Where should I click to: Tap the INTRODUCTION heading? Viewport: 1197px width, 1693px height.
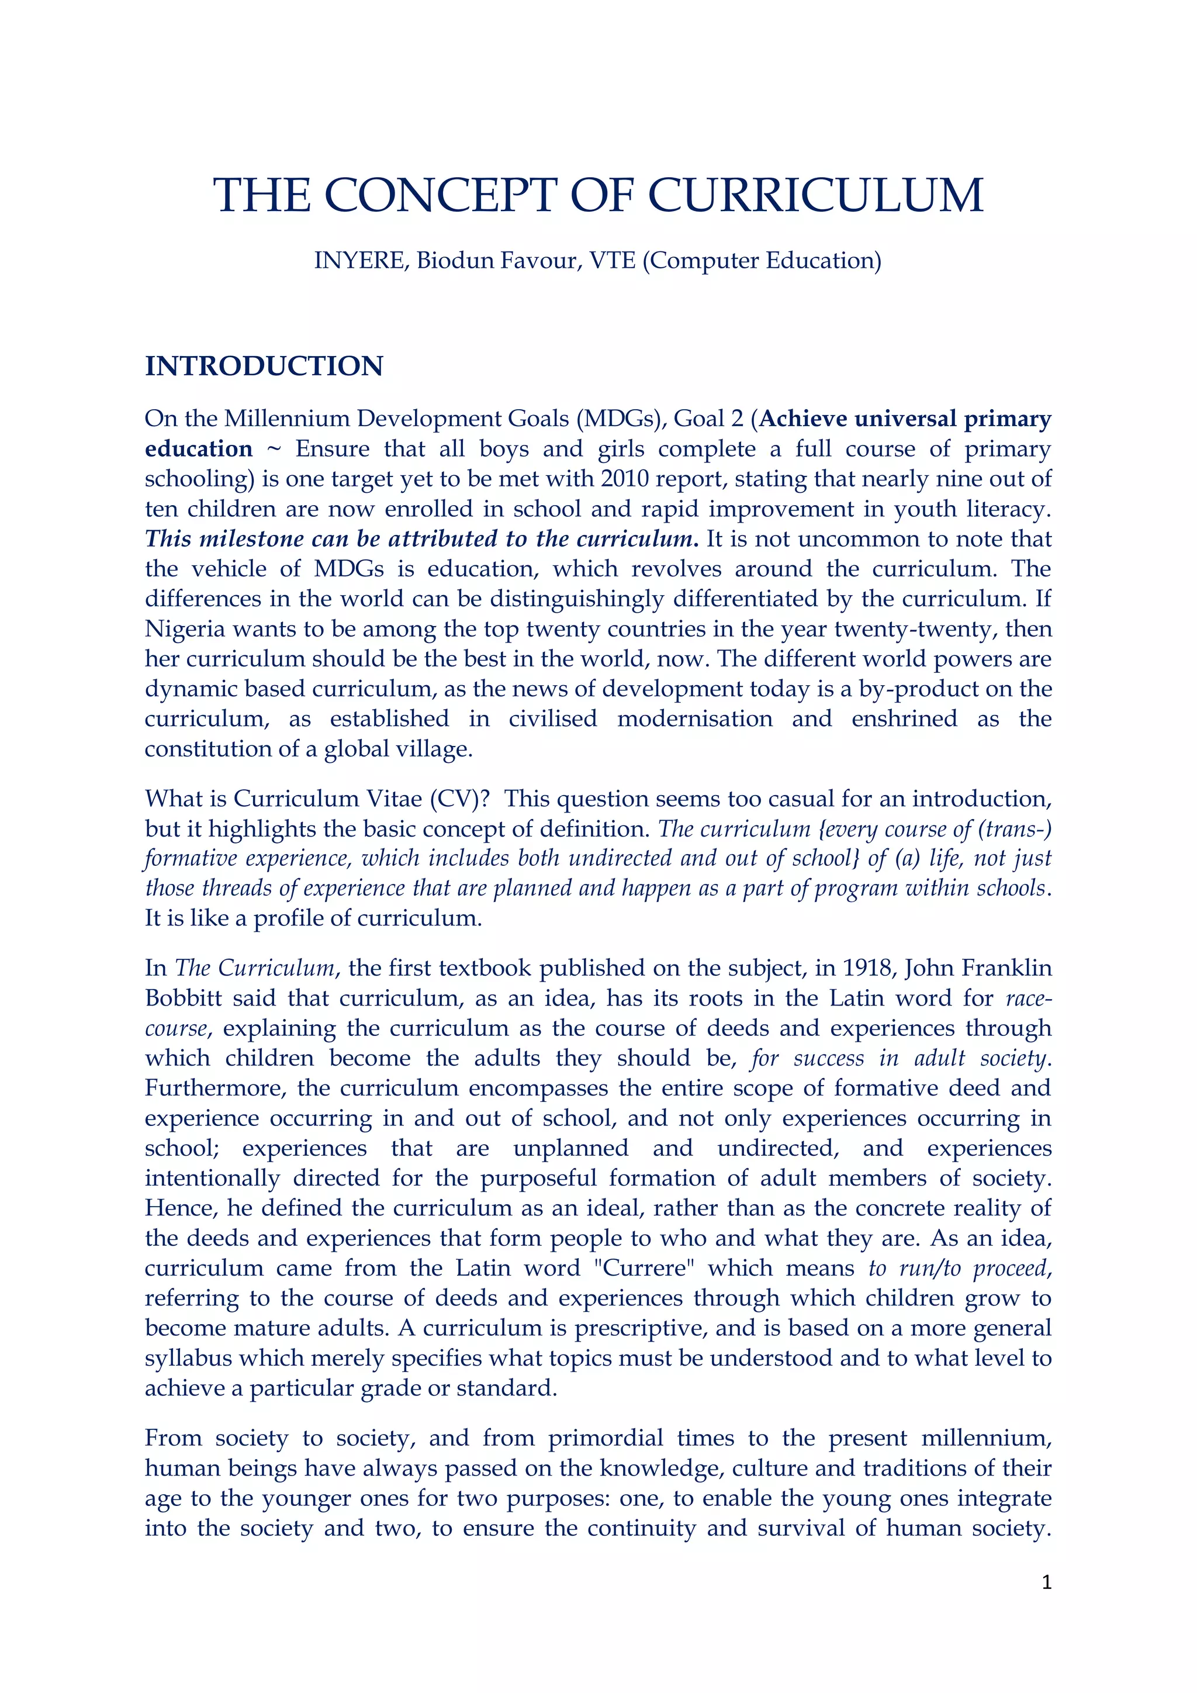pos(264,367)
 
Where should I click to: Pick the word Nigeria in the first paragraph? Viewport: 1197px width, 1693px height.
pos(184,630)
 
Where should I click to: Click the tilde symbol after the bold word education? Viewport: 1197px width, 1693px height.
pos(274,449)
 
